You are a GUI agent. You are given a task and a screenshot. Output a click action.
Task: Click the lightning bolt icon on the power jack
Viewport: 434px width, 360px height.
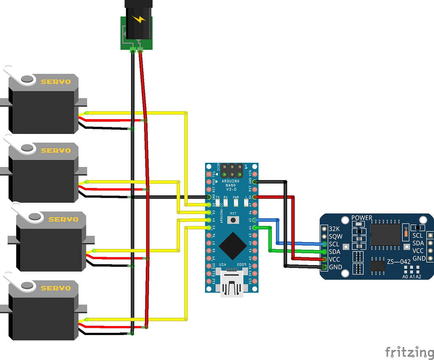[138, 19]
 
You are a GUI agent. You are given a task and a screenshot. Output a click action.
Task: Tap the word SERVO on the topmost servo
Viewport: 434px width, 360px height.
[56, 81]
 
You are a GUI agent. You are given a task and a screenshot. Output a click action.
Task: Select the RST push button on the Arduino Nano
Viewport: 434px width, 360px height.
[232, 220]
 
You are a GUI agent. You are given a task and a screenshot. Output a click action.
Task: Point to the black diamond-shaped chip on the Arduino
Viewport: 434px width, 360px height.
[231, 246]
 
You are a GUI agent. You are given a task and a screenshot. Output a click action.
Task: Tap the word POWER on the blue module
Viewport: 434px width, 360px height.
[362, 218]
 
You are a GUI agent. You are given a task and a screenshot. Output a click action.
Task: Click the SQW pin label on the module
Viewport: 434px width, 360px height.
[335, 236]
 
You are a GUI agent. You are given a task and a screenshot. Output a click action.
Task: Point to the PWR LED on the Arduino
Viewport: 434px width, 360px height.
[236, 203]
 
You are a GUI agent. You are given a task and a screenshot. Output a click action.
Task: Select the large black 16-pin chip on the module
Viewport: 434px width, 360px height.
[385, 234]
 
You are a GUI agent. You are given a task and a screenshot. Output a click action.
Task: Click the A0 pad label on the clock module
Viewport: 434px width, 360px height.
[405, 276]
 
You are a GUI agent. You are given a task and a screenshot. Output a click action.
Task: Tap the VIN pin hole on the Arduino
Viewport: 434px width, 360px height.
[254, 174]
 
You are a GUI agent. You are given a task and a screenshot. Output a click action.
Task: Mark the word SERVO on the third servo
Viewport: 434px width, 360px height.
[63, 219]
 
